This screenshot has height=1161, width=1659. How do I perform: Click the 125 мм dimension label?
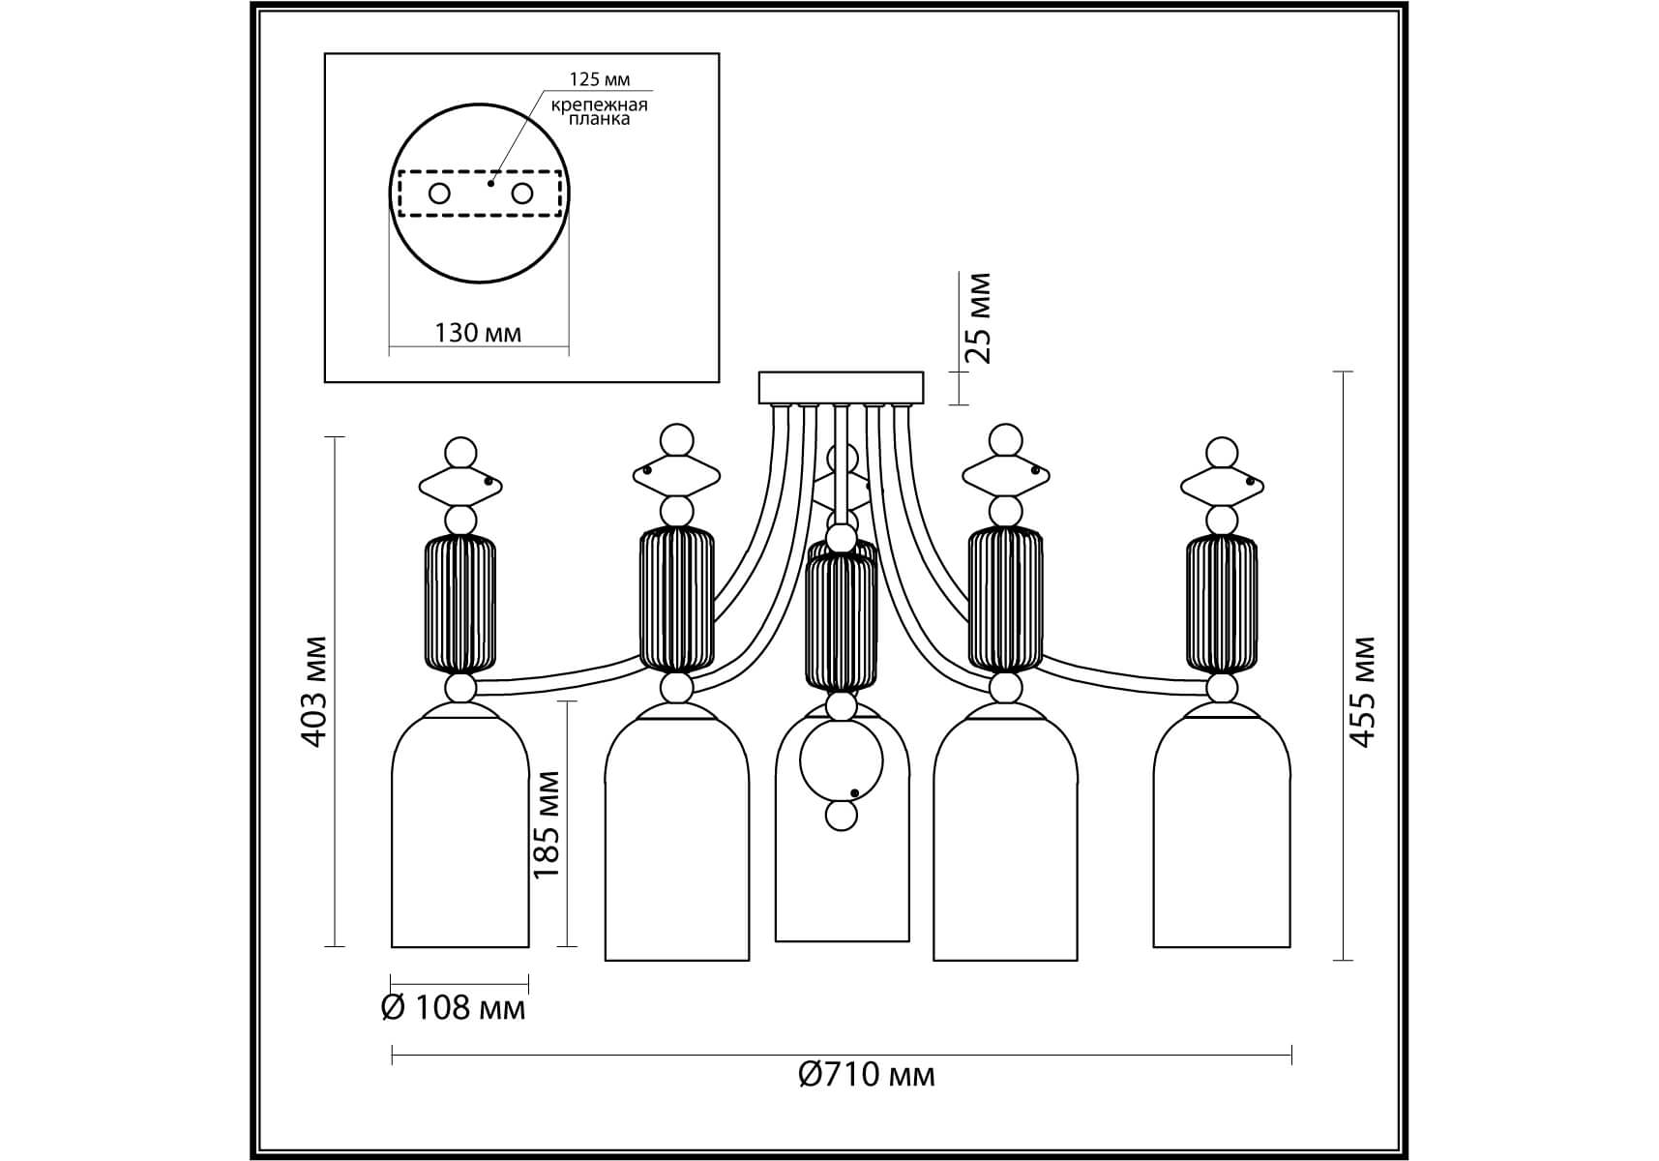[x=600, y=79]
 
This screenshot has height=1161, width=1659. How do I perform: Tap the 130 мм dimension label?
[x=478, y=333]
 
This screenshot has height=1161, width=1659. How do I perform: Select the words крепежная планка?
[x=600, y=111]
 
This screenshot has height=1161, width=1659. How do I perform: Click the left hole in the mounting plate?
[x=439, y=193]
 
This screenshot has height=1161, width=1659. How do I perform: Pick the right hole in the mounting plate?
[x=522, y=193]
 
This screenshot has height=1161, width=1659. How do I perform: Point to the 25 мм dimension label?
[x=979, y=318]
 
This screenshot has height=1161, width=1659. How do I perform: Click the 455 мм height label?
[x=1362, y=691]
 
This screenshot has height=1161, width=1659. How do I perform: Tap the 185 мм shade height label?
[x=547, y=823]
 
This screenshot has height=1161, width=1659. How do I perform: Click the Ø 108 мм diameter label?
[x=454, y=1008]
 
